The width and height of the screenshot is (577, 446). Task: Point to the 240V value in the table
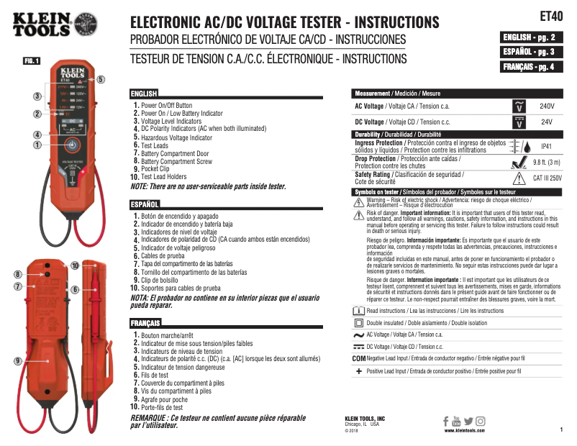(547, 106)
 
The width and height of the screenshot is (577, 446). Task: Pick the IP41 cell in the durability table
(546, 145)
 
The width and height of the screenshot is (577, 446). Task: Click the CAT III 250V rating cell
(546, 176)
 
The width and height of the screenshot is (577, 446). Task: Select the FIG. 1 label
(32, 60)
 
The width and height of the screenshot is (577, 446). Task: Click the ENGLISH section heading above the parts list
(144, 94)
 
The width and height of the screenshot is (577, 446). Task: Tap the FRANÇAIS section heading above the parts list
(145, 324)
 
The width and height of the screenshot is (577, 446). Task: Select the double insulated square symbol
(359, 324)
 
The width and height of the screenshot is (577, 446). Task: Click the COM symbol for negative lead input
(359, 358)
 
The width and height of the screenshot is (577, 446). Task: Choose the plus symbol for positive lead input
(359, 371)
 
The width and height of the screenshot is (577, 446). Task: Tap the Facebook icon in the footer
(446, 421)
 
